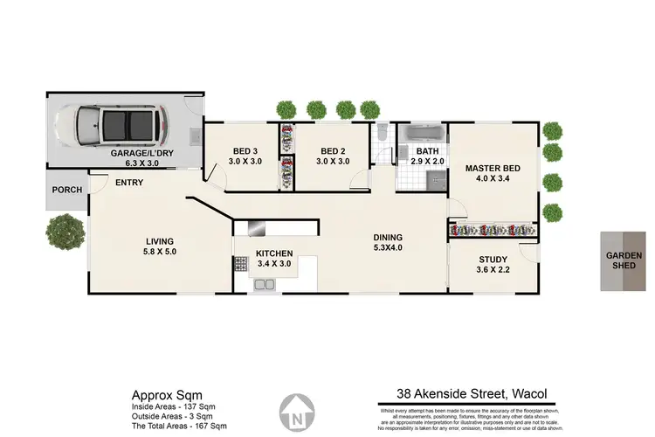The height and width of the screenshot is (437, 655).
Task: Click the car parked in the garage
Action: coord(118,124)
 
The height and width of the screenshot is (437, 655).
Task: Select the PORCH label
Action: coord(66,189)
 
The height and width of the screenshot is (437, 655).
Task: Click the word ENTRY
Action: coord(129,183)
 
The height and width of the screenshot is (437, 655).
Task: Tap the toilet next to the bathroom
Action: coord(382,133)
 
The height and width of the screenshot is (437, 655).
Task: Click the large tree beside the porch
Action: coord(65,232)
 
